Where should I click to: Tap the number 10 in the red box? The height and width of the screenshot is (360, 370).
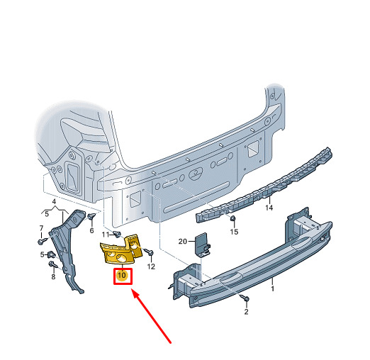(122, 275)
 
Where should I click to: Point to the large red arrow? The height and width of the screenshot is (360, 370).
(151, 316)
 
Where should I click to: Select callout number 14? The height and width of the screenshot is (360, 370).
(269, 208)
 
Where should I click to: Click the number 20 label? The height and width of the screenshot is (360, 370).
(182, 241)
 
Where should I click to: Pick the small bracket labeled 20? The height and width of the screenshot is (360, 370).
(202, 245)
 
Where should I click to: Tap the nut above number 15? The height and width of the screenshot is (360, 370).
(232, 218)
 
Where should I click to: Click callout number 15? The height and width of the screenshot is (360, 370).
(234, 232)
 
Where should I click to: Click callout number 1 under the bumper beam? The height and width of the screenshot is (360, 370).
(272, 288)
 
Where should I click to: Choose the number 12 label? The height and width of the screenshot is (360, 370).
(151, 266)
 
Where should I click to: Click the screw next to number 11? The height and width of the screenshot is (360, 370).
(116, 234)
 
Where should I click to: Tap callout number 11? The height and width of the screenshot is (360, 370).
(106, 235)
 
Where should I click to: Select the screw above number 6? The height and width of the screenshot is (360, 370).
(91, 216)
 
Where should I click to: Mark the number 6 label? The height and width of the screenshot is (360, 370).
(91, 230)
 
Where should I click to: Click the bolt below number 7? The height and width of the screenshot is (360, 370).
(43, 241)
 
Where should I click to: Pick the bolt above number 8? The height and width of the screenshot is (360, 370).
(53, 264)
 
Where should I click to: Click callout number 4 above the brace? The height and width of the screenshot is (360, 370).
(54, 202)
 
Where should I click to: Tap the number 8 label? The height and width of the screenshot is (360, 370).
(53, 276)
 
